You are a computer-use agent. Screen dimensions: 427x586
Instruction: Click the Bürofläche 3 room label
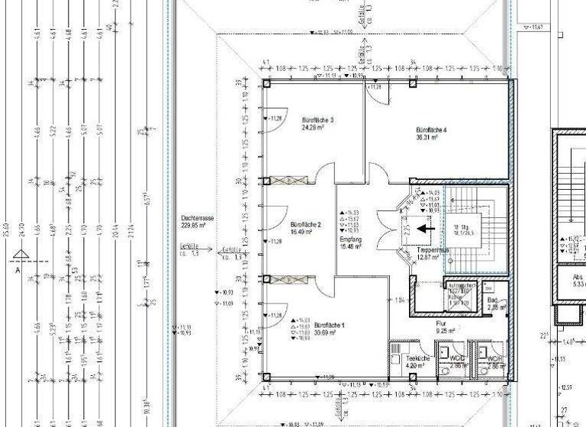(317, 120)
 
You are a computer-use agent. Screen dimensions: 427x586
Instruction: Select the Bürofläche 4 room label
(431, 130)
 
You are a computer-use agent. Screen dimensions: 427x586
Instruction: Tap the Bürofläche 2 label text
(306, 225)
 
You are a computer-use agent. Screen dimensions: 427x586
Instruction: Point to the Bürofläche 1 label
(330, 326)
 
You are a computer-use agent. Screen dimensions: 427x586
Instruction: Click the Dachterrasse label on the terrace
(198, 218)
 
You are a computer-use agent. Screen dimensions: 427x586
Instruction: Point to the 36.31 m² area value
(427, 138)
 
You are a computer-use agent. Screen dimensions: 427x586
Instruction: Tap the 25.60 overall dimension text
(7, 226)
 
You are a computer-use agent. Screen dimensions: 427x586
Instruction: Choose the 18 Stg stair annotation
(462, 227)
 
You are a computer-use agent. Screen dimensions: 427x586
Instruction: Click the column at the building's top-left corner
(266, 83)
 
